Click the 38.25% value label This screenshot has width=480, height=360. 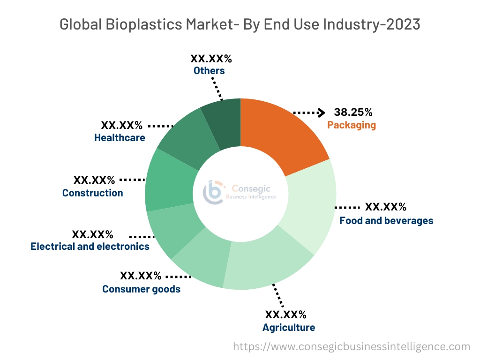click(353, 112)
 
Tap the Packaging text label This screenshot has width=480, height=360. click(352, 125)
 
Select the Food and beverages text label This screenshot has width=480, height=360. click(386, 220)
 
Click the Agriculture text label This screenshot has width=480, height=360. click(289, 327)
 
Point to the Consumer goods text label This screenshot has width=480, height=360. click(141, 289)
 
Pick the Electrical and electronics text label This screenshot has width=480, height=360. click(90, 246)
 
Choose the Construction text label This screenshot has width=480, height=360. click(93, 193)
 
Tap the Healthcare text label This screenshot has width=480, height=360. click(120, 138)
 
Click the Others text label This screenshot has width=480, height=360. click(209, 71)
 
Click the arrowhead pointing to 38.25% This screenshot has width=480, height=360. click(321, 112)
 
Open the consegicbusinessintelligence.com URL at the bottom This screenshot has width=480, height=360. click(352, 347)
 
